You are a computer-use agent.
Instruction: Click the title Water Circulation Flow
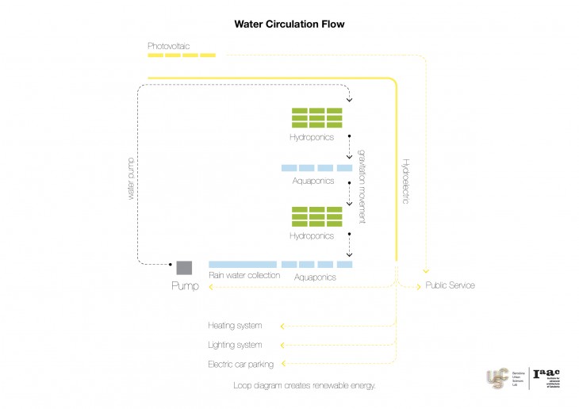click(x=289, y=24)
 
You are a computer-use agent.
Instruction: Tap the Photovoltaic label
click(x=170, y=45)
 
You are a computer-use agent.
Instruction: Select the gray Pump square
click(x=184, y=267)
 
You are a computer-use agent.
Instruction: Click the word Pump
click(x=186, y=285)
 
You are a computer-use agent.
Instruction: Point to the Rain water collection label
click(x=244, y=276)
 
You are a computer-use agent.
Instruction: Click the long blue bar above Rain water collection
click(x=243, y=264)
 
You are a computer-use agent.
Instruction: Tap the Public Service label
click(x=450, y=285)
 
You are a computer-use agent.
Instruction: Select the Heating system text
click(x=235, y=325)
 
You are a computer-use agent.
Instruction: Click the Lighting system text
click(x=235, y=345)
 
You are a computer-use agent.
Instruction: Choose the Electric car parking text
click(x=240, y=364)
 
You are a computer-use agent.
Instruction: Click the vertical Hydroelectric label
click(x=405, y=182)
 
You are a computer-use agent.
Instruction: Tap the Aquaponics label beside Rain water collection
click(x=315, y=277)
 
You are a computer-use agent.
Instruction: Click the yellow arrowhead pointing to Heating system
click(x=283, y=325)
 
